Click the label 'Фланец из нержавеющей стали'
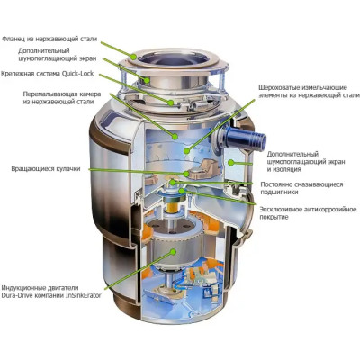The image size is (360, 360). pos(49,39)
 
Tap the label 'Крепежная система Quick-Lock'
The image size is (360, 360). pos(47,74)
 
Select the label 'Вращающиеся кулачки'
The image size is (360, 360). pos(46,169)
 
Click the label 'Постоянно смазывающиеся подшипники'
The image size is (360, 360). pos(301,188)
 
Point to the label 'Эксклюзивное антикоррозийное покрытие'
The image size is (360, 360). pos(308,213)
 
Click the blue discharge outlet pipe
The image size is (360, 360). pos(245,138)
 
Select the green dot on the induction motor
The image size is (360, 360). pos(173,251)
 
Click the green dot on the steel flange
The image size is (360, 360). pos(133,56)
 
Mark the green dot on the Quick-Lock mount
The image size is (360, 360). pos(171,103)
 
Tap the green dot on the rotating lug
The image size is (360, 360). pos(186,174)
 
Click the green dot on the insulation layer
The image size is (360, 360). pos(230,163)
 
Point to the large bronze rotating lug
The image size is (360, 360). pos(206,168)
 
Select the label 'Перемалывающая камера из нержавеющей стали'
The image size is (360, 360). pos(62,98)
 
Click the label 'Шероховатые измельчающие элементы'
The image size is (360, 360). pos(309,92)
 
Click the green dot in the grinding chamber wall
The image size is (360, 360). pos(175,137)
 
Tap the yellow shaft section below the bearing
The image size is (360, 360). pos(172,207)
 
